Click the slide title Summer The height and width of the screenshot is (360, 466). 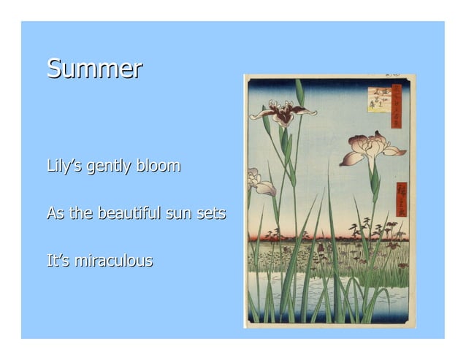(x=94, y=69)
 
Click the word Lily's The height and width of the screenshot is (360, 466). (x=64, y=166)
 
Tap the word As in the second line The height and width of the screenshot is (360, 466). (x=56, y=214)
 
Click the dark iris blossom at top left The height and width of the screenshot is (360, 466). (x=283, y=113)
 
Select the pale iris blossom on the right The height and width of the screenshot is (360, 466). (x=372, y=148)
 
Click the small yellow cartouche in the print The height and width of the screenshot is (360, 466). (x=378, y=99)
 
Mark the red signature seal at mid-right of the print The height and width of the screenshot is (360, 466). (x=401, y=199)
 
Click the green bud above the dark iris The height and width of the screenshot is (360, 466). (x=299, y=92)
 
